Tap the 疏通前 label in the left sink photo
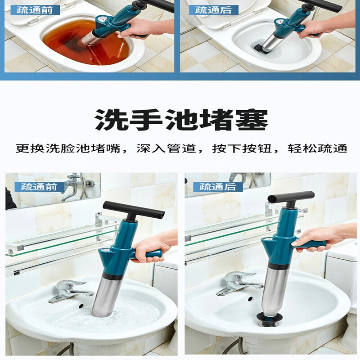(39, 186)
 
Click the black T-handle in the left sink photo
(134, 209)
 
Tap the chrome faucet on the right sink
(236, 283)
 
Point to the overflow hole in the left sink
(81, 306)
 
